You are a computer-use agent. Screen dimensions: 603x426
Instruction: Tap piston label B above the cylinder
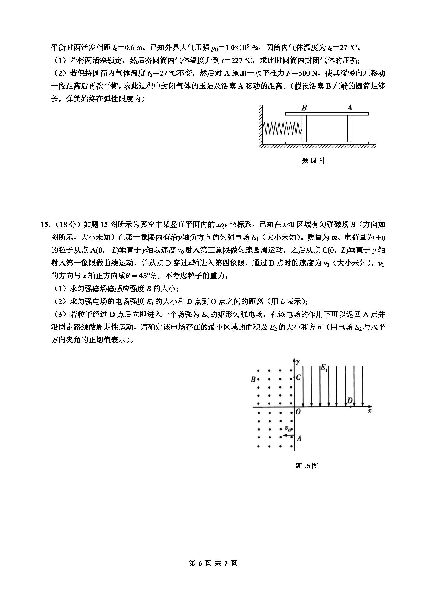coord(304,108)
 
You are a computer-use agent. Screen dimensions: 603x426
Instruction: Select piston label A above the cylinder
coord(349,107)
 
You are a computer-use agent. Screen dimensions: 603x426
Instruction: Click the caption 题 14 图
coord(313,161)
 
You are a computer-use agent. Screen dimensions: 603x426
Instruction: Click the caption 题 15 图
coord(306,466)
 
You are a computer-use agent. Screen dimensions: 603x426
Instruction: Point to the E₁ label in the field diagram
coord(324,367)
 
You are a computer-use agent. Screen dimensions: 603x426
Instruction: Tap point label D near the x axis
coord(350,400)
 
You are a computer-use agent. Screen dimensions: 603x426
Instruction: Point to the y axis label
coord(298,362)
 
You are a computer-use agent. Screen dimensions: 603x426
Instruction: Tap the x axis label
coord(370,411)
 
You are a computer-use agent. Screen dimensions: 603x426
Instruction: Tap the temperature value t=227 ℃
coord(237,61)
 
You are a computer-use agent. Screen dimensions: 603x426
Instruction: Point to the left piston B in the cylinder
coord(304,128)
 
